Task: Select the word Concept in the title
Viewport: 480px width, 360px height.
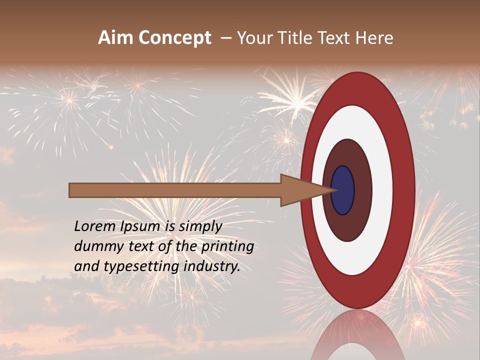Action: pyautogui.click(x=174, y=38)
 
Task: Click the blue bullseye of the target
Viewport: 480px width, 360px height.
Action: pyautogui.click(x=342, y=190)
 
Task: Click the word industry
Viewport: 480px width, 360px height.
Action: pyautogui.click(x=212, y=266)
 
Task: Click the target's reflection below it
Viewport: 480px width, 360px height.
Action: pyautogui.click(x=357, y=335)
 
